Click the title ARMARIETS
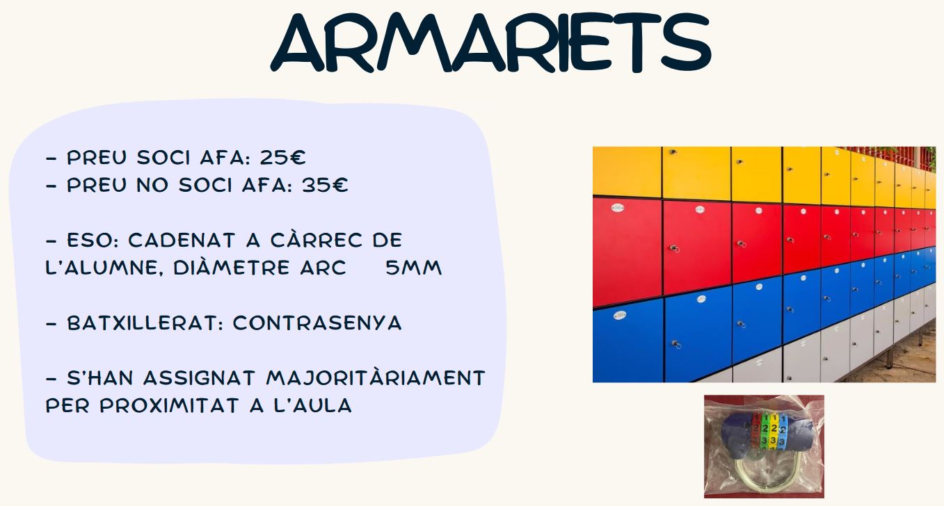point(491,42)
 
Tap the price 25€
point(282,158)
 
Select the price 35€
point(325,185)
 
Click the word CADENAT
point(181,240)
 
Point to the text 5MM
point(413,268)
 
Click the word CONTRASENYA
point(317,323)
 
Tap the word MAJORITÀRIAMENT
point(376,377)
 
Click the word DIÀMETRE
point(232,268)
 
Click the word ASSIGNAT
point(199,377)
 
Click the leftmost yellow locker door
point(627,172)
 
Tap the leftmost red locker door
point(627,252)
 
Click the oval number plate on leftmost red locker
point(618,208)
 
